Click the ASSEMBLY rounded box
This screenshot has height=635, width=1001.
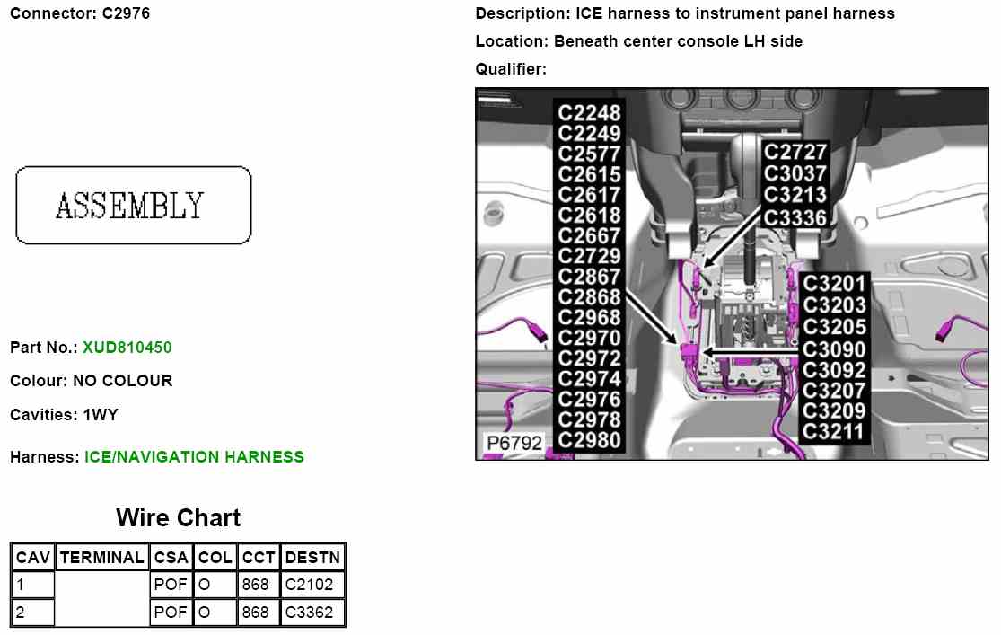(x=133, y=205)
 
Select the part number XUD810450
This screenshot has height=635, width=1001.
(x=127, y=348)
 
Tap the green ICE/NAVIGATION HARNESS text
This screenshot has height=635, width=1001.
(x=194, y=457)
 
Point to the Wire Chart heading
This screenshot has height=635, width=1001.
(x=178, y=518)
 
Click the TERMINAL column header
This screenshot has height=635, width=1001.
(x=101, y=558)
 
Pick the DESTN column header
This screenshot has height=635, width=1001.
(x=312, y=558)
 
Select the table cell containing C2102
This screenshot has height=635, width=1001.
(x=309, y=586)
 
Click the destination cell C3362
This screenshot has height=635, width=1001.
(x=309, y=613)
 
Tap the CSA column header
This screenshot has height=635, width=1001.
(x=171, y=558)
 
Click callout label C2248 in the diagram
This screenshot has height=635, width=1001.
(x=589, y=113)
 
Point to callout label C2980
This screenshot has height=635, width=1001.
(x=589, y=440)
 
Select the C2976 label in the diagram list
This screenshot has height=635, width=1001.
(x=589, y=399)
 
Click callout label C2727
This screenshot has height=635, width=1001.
(x=795, y=153)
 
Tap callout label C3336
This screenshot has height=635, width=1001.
(x=795, y=217)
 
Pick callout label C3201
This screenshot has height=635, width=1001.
(x=834, y=285)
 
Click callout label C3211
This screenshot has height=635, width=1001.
(x=834, y=432)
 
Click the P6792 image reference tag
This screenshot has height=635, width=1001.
(x=514, y=444)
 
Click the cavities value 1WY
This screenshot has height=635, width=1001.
(x=101, y=416)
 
